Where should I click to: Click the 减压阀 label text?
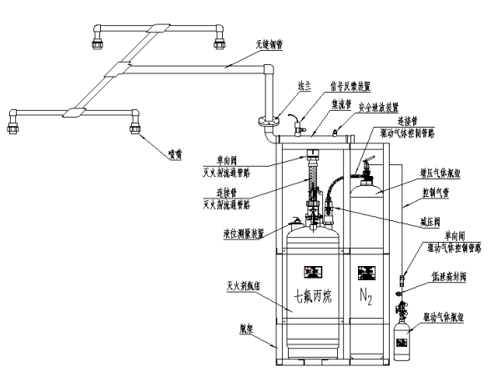(x=430, y=224)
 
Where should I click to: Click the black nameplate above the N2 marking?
(x=365, y=273)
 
